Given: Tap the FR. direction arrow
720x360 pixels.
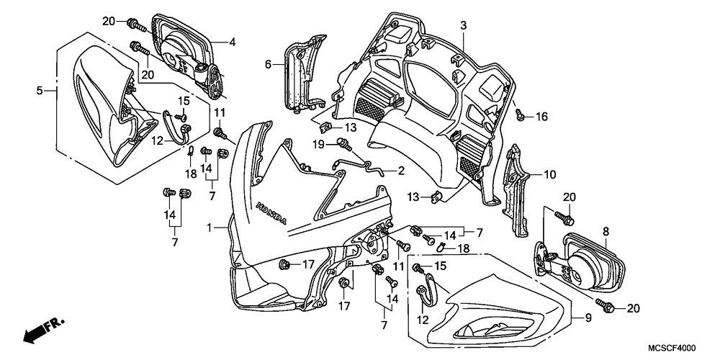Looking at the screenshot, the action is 44,331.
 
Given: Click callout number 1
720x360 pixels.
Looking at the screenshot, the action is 210,228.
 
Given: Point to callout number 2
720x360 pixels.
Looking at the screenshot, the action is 401,171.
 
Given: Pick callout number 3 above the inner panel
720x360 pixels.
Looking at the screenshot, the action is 464,26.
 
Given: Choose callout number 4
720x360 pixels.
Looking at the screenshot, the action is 233,42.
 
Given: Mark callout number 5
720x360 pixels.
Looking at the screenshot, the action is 40,91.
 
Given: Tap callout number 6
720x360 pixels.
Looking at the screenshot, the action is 268,66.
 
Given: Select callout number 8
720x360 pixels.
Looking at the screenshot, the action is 606,232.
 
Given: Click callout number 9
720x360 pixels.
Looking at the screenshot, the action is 588,318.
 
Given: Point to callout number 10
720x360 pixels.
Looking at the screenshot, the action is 550,174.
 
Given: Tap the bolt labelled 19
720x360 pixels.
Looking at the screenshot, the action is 344,144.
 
